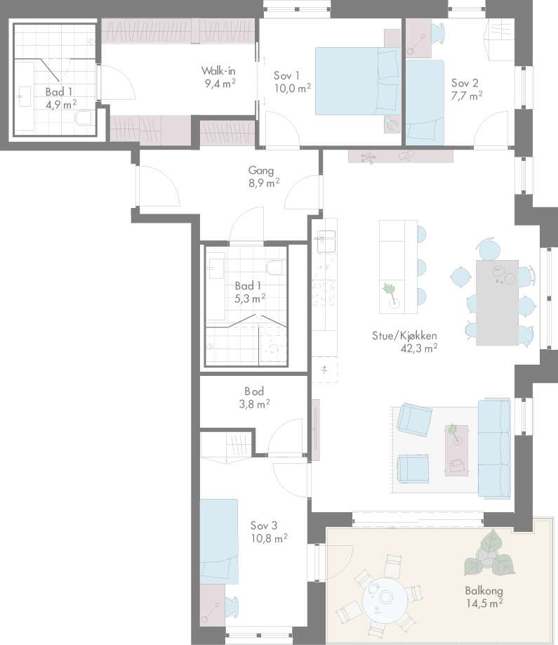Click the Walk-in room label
point(218,70)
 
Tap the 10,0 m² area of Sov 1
point(293,88)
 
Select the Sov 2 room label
point(465,83)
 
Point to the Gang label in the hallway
point(260,170)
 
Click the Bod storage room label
point(254,391)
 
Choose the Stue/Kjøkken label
point(404,336)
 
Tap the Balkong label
point(484,591)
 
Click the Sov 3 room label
point(264,526)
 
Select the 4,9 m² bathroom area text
point(61,105)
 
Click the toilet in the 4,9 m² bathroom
point(84,119)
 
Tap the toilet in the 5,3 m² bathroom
point(276,268)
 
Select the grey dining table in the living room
point(497,302)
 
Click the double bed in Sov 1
point(357,81)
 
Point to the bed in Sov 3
point(219,541)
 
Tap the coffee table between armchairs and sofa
point(456,450)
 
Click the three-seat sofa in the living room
point(494,448)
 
